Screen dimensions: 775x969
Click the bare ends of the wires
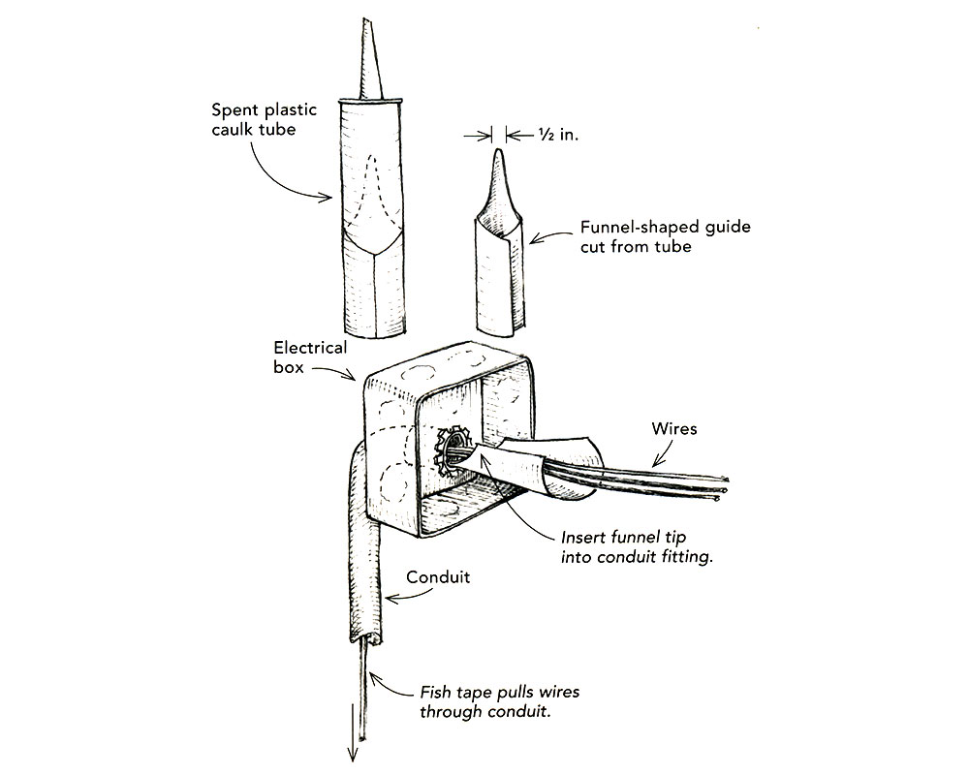click(x=719, y=490)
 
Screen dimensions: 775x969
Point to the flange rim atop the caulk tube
click(x=371, y=99)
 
